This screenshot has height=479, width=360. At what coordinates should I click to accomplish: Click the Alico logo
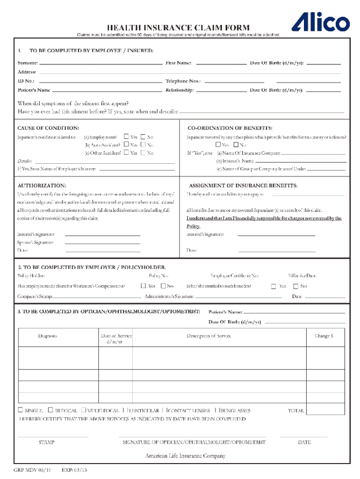[321, 22]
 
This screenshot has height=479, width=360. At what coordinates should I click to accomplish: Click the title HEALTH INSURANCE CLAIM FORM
[179, 28]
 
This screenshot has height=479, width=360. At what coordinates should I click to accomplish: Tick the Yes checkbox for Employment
[126, 137]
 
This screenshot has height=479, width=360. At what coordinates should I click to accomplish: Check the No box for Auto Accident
[143, 145]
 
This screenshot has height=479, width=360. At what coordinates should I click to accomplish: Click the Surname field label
[28, 63]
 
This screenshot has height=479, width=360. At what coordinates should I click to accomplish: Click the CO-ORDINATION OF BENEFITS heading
[230, 128]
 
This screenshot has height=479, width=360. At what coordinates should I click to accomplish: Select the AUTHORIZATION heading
[42, 185]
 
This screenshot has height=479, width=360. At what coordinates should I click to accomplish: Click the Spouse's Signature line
[102, 243]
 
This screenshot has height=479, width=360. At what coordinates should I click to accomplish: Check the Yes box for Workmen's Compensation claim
[144, 285]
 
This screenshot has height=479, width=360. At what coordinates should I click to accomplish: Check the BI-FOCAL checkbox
[51, 410]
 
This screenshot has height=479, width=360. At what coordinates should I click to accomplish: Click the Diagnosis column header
[48, 336]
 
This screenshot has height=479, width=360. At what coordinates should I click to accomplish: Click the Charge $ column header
[324, 336]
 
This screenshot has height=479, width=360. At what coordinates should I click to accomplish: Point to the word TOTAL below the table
[296, 411]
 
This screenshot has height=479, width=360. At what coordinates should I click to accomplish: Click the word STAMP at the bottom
[46, 442]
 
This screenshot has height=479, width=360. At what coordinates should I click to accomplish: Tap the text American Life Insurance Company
[185, 456]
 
